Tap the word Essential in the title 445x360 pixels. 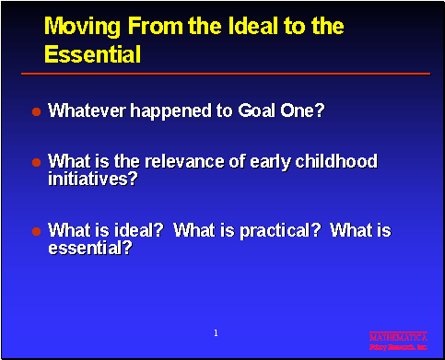coord(92,54)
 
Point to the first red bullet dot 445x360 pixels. coord(37,111)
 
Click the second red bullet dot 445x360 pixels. coord(37,162)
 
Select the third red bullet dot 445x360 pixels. coord(37,231)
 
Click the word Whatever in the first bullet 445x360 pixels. coord(85,110)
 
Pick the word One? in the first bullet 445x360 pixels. coord(305,110)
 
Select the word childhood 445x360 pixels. coord(338,161)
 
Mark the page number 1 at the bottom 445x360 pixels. coord(215,331)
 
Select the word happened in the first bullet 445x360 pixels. coord(163,110)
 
